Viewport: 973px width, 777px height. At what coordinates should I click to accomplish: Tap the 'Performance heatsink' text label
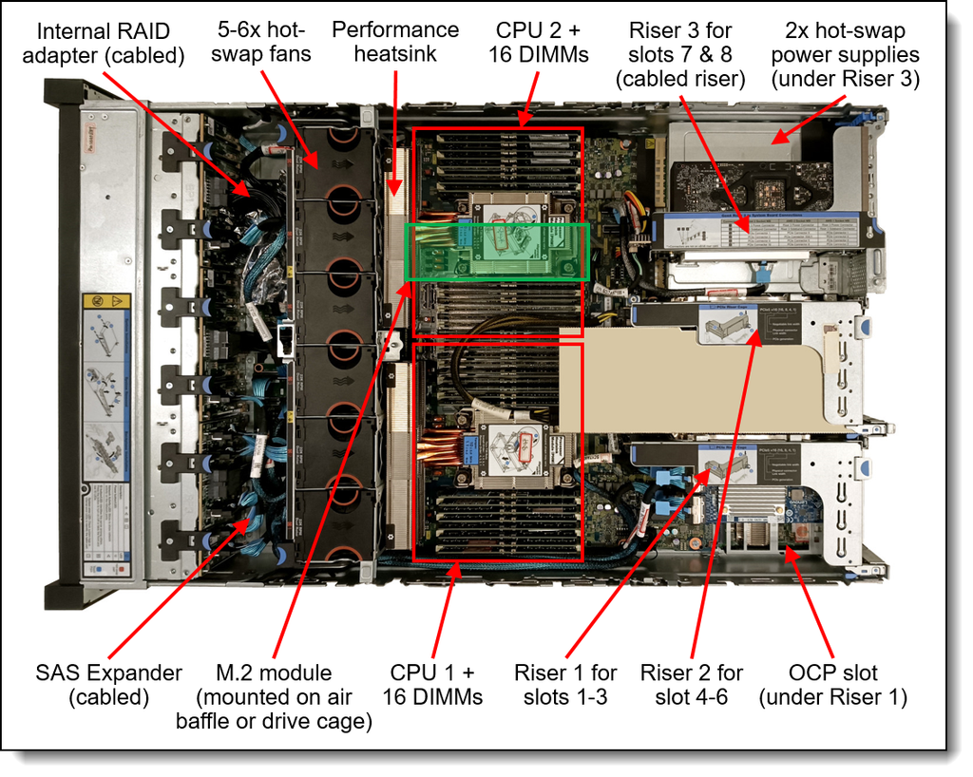click(395, 42)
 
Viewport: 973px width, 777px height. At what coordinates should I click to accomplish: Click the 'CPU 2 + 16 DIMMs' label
click(539, 42)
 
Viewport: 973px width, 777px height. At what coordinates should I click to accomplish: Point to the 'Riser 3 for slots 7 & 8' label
click(680, 55)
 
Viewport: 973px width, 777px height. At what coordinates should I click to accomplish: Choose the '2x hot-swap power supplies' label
click(846, 55)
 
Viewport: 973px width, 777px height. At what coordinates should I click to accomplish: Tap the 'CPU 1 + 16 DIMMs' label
click(432, 685)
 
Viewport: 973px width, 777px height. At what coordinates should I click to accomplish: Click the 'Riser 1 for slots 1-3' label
click(565, 685)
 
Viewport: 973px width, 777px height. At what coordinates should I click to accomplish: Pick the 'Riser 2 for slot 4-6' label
click(692, 685)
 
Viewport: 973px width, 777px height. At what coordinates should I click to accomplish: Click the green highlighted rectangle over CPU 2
click(497, 252)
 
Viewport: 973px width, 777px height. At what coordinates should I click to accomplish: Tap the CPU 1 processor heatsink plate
click(514, 455)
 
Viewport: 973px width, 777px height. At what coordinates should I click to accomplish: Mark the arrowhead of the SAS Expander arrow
click(252, 517)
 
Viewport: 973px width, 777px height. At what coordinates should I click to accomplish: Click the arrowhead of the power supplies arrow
click(772, 142)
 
